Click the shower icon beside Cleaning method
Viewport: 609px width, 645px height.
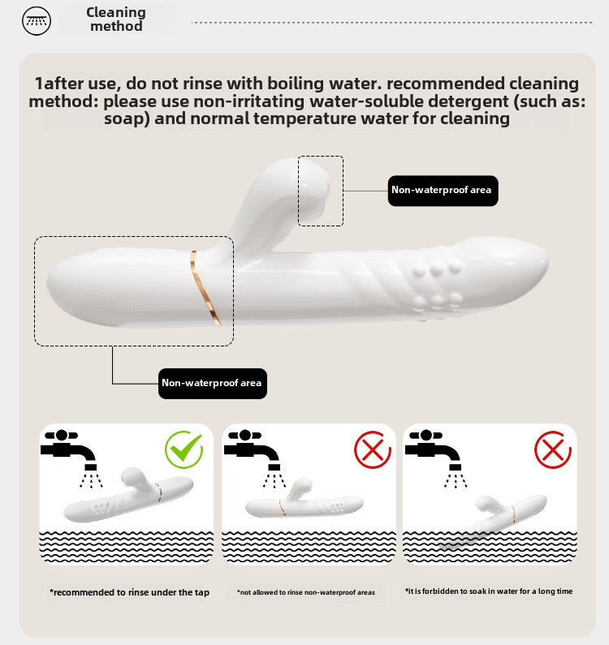click(37, 21)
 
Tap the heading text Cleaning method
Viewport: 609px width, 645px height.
click(116, 19)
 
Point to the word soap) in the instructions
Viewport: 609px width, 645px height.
click(127, 119)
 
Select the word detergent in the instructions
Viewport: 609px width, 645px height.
click(468, 101)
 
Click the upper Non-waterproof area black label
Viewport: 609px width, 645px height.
click(443, 191)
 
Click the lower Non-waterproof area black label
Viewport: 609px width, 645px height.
click(213, 384)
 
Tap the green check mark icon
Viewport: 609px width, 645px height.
click(184, 449)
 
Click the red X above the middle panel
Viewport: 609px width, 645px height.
click(373, 449)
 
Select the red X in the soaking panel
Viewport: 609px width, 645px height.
click(553, 449)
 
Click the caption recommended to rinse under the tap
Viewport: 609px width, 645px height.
click(129, 592)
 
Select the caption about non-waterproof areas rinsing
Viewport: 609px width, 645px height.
click(306, 592)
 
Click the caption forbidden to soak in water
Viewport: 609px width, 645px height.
click(489, 591)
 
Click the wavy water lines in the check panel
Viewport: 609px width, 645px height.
click(127, 547)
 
